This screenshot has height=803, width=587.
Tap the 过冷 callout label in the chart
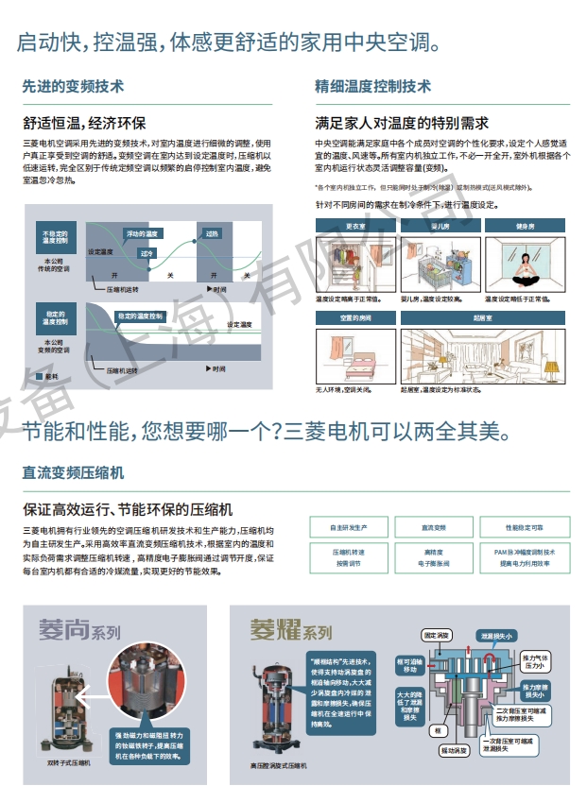[147, 253]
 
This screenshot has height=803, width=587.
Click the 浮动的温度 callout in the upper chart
[142, 232]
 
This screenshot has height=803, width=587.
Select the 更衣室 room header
[355, 227]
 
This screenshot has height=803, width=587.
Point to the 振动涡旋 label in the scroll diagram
[454, 750]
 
